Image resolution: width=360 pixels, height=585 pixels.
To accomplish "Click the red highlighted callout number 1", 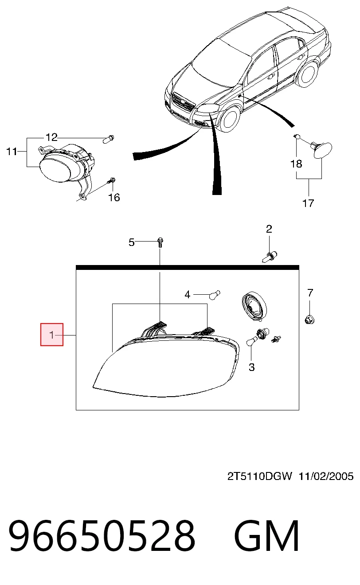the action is pos(52,335).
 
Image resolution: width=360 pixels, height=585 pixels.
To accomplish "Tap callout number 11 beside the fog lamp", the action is pos(12,152).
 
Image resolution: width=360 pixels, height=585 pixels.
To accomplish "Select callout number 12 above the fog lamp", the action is pos(51,137).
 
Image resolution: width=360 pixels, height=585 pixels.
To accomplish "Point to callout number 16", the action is pos(114,198).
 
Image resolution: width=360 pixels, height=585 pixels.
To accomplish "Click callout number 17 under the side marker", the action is pos(308,203).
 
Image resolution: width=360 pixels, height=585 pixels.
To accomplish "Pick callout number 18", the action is pos(296,164).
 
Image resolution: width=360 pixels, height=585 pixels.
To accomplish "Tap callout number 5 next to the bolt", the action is pos(132,242).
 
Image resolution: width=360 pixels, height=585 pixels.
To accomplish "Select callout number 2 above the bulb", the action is pos(269,229).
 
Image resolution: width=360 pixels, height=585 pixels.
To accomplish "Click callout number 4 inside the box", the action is pos(187,295).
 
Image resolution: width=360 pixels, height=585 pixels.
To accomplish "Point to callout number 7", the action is pos(310,293).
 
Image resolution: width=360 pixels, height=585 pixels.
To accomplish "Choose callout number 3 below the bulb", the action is pos(251,367).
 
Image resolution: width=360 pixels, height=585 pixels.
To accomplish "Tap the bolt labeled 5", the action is pos(160,242).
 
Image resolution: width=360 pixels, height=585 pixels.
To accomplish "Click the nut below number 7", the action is pos(309,320).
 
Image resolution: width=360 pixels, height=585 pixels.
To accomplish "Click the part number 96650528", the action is pos(102,535).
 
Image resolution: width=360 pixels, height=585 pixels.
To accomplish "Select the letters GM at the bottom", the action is pos(267,535).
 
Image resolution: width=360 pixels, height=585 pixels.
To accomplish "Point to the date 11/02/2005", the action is pos(326,476).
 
